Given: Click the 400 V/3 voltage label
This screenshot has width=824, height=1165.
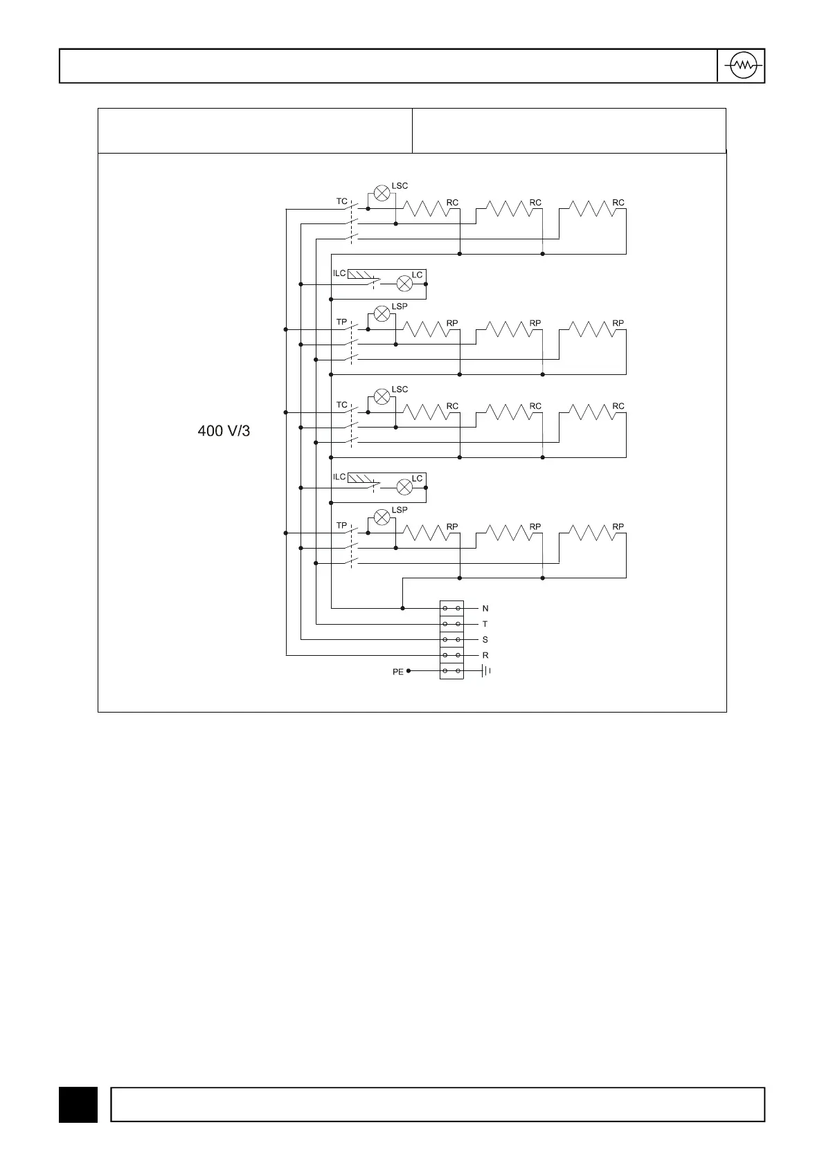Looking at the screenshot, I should [224, 431].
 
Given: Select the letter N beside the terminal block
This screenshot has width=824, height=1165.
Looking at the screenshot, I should [485, 609].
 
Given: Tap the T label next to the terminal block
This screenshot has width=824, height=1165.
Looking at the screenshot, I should [485, 624].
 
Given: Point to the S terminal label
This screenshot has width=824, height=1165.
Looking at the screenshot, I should [485, 640].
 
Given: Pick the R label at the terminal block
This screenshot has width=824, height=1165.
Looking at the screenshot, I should [485, 655].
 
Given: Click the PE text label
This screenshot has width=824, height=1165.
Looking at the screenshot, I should [397, 672].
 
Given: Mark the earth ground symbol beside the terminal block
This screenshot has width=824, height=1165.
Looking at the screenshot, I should [486, 670].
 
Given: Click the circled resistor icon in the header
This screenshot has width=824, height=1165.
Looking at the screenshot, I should [744, 66].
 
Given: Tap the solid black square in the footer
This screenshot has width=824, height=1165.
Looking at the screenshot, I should [78, 1104].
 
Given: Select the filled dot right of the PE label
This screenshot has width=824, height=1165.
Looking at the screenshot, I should [409, 670].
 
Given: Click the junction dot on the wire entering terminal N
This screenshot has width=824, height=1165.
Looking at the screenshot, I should [403, 608].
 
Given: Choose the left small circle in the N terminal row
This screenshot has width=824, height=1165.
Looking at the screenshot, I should [445, 608].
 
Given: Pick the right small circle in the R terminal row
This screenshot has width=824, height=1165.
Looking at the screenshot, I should [458, 655].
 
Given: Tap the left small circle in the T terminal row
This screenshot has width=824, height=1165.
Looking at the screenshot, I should [445, 624].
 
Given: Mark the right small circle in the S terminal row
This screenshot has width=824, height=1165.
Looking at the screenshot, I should [458, 640].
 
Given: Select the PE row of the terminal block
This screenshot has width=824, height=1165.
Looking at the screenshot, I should [451, 670].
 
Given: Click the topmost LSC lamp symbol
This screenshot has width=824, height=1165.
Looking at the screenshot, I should [382, 193].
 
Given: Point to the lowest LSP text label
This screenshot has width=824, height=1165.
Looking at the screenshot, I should [400, 510].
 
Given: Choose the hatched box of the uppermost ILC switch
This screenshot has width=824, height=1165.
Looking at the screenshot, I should [360, 275].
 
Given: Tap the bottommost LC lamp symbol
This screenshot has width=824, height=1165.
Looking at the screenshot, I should [404, 488].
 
